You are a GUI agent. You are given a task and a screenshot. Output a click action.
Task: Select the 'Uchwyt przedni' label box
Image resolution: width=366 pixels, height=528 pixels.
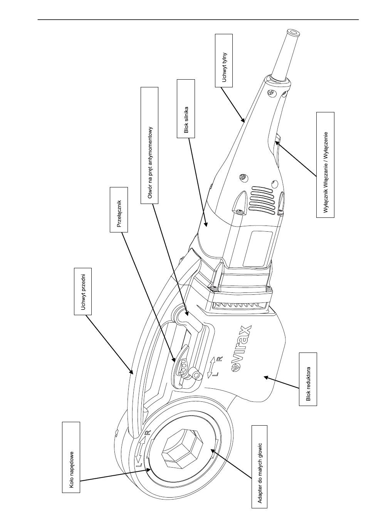pyautogui.click(x=83, y=291)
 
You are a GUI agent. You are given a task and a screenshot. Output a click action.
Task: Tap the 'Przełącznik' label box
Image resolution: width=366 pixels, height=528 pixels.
pyautogui.click(x=119, y=210)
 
